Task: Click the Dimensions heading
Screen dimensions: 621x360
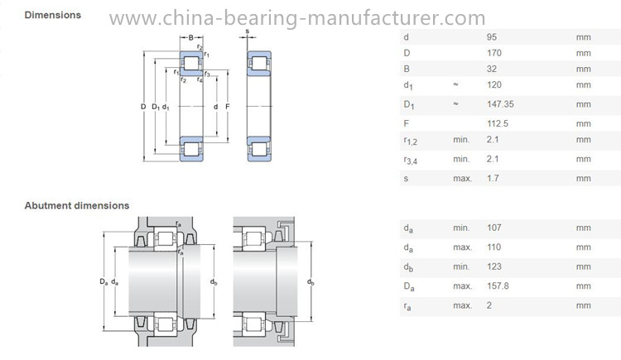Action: [53, 15]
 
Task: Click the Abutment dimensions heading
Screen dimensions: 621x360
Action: [77, 205]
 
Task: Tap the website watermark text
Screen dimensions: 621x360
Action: [297, 18]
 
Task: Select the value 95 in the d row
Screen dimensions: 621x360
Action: [492, 37]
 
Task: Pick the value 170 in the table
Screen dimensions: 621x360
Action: [494, 53]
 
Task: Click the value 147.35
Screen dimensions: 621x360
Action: [500, 104]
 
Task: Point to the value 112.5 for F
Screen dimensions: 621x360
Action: [498, 123]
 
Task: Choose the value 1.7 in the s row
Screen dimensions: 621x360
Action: [493, 178]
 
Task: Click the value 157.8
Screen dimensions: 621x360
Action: [498, 286]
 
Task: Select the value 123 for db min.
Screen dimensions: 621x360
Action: [494, 266]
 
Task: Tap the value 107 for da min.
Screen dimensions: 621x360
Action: [494, 228]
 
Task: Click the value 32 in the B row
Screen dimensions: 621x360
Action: [492, 69]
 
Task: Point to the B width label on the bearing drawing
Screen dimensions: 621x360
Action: [191, 37]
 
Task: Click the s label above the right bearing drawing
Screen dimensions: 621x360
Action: [248, 31]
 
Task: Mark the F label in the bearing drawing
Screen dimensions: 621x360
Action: [228, 107]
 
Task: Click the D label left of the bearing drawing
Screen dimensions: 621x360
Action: [143, 107]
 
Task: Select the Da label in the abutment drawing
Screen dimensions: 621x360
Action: [103, 281]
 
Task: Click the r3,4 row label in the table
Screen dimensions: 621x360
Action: [411, 160]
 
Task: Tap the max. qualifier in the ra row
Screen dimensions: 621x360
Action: [463, 305]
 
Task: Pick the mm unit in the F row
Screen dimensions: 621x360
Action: [584, 124]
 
